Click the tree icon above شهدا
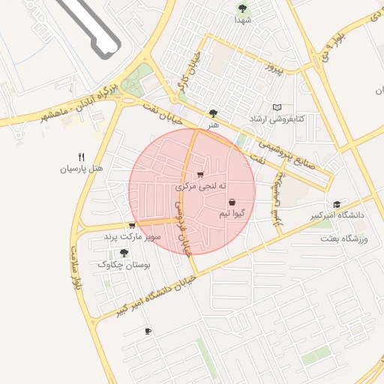pyautogui.click(x=242, y=7)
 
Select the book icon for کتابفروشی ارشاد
pyautogui.click(x=278, y=108)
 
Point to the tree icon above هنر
pyautogui.click(x=214, y=113)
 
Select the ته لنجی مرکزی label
pyautogui.click(x=202, y=185)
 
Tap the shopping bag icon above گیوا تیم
pyautogui.click(x=232, y=202)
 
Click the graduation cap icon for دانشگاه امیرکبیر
pyautogui.click(x=337, y=205)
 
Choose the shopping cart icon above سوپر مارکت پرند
pyautogui.click(x=132, y=225)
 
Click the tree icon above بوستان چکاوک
pyautogui.click(x=124, y=253)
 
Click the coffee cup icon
pyautogui.click(x=148, y=331)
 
